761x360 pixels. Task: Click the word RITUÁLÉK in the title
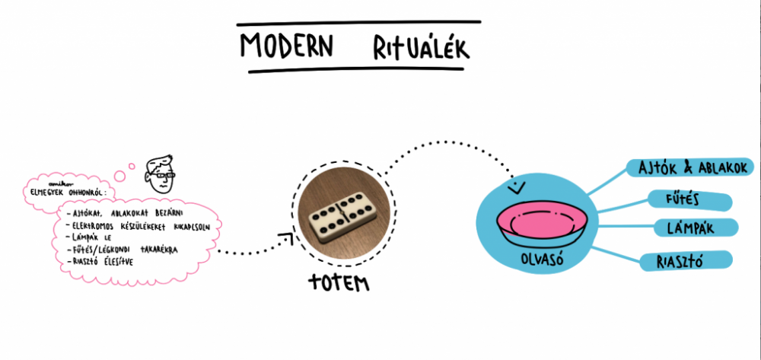[x=420, y=47]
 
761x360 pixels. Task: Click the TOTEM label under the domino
[x=339, y=283]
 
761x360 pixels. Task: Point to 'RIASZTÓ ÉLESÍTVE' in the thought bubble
[x=106, y=261]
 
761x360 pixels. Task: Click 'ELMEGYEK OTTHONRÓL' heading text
[x=68, y=192]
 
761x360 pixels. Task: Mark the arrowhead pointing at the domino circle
[x=289, y=238]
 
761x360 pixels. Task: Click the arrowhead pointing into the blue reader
[x=517, y=185]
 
